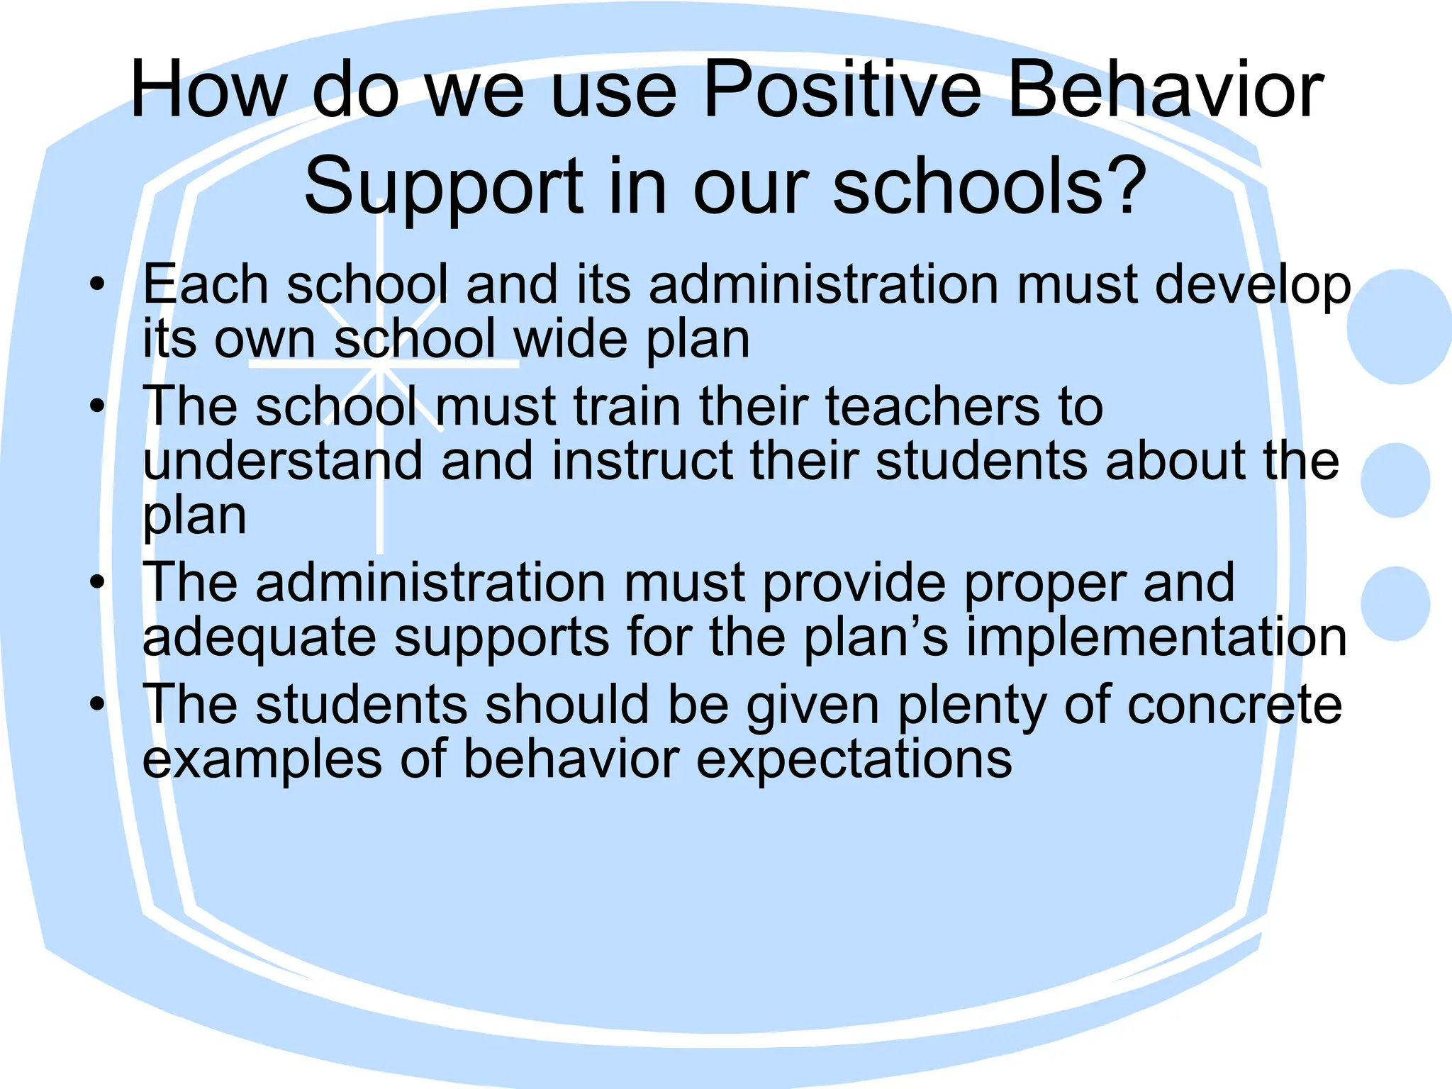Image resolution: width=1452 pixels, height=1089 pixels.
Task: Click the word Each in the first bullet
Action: coord(206,284)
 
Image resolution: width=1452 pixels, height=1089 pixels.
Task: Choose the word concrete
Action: coord(1234,705)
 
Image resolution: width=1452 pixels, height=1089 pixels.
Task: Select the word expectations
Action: coord(854,760)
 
